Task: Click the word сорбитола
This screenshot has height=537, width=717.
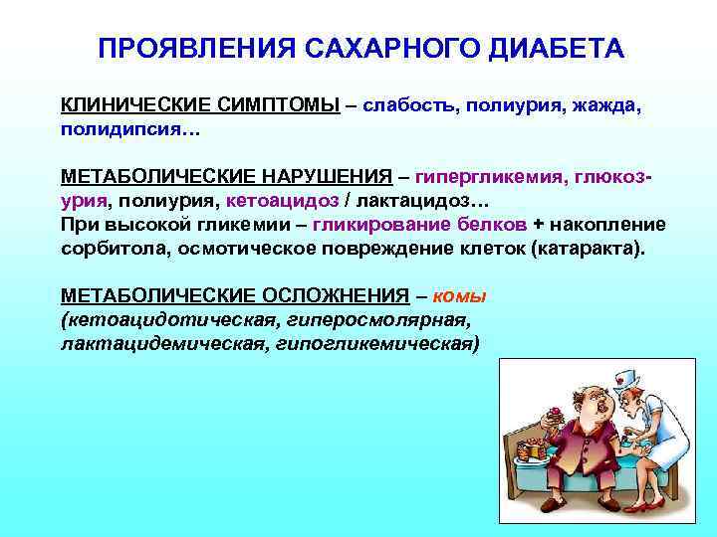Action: point(111,248)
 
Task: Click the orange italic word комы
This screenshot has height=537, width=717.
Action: point(459,296)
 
